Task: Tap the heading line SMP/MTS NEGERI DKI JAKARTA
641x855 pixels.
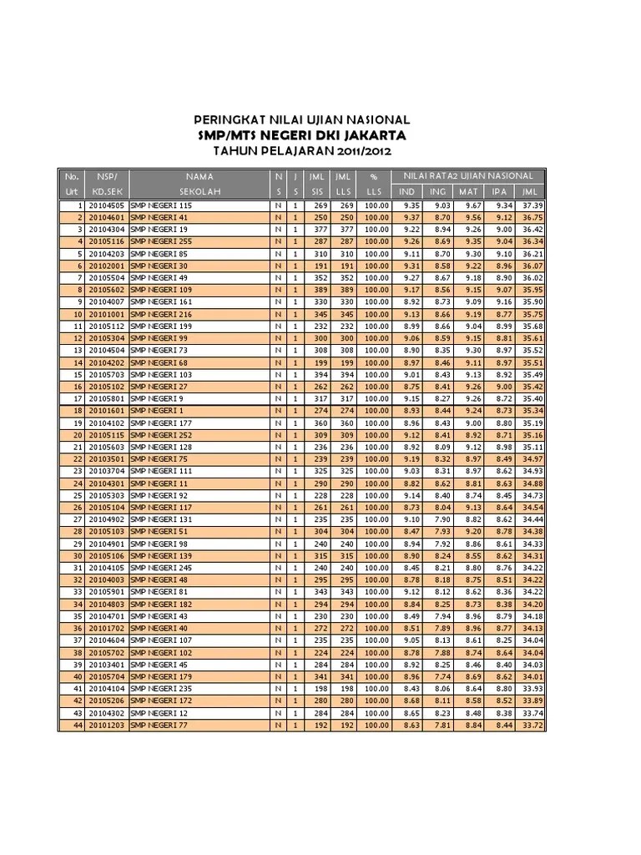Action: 301,135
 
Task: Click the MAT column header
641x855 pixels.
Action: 471,191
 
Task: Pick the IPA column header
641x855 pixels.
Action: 500,191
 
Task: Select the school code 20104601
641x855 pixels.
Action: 106,217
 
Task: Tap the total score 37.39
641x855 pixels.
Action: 532,205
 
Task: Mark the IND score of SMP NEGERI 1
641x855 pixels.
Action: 410,411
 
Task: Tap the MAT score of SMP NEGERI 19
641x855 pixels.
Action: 472,230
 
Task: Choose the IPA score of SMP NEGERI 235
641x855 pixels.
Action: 502,690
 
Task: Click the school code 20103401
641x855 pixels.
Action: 106,665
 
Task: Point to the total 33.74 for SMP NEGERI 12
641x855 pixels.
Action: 532,714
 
